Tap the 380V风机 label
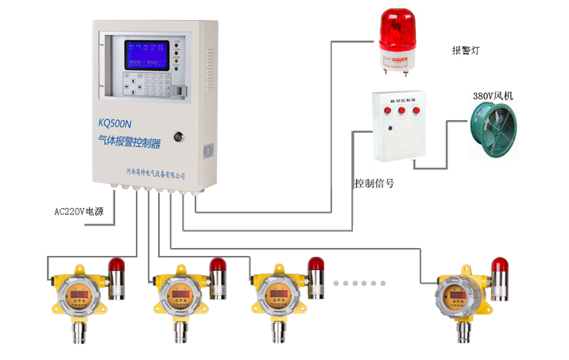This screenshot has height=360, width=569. tap(493, 96)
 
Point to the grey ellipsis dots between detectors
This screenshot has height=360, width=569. tap(359, 283)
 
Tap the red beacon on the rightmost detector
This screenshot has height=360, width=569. tap(499, 265)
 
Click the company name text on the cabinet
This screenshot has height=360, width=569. tap(156, 171)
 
